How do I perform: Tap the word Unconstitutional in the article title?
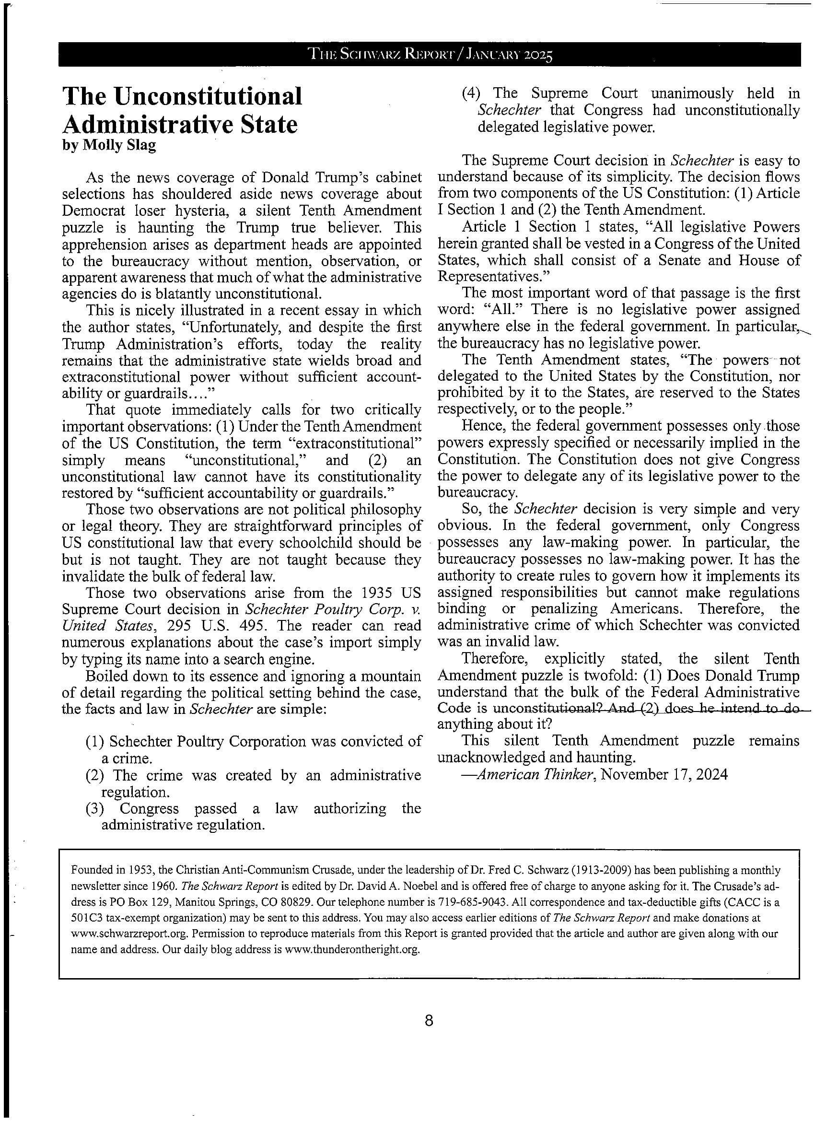(208, 96)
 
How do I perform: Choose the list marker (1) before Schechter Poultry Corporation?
(94, 741)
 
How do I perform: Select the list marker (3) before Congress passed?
(94, 808)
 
